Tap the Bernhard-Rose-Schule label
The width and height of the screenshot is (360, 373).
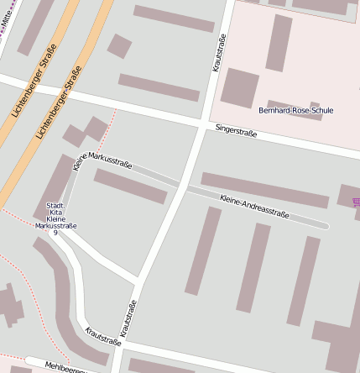(x=295, y=110)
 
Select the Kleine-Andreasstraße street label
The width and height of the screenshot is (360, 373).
(x=254, y=208)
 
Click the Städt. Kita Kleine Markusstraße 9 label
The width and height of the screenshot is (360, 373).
(x=55, y=218)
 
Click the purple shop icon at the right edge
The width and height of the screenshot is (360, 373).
(x=356, y=202)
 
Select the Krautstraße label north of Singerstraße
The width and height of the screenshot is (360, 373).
(x=219, y=52)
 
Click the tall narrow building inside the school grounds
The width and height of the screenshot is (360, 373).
(x=278, y=42)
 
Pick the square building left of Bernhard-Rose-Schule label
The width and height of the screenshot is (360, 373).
(x=240, y=87)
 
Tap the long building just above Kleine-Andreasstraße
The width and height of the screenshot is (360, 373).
(x=264, y=190)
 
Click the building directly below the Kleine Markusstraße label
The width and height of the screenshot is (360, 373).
(x=130, y=186)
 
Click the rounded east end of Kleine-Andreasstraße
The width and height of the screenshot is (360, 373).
(x=326, y=225)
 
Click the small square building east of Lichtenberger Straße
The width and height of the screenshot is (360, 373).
(x=119, y=45)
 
